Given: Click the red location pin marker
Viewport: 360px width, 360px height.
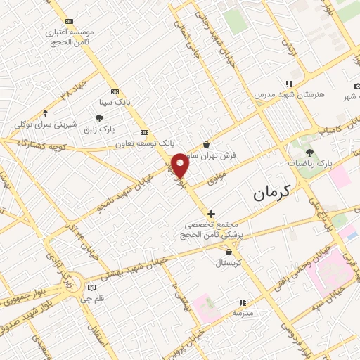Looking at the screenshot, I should tap(181, 165).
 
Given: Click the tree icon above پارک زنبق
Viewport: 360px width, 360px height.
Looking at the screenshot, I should tap(99, 118).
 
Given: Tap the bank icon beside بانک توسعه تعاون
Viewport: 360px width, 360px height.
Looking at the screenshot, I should tap(145, 131).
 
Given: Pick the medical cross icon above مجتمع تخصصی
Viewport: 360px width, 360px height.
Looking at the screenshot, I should tap(211, 213).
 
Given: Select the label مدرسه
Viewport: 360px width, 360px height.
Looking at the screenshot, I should tap(243, 313).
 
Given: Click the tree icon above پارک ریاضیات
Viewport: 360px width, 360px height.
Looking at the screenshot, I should tap(309, 152).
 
